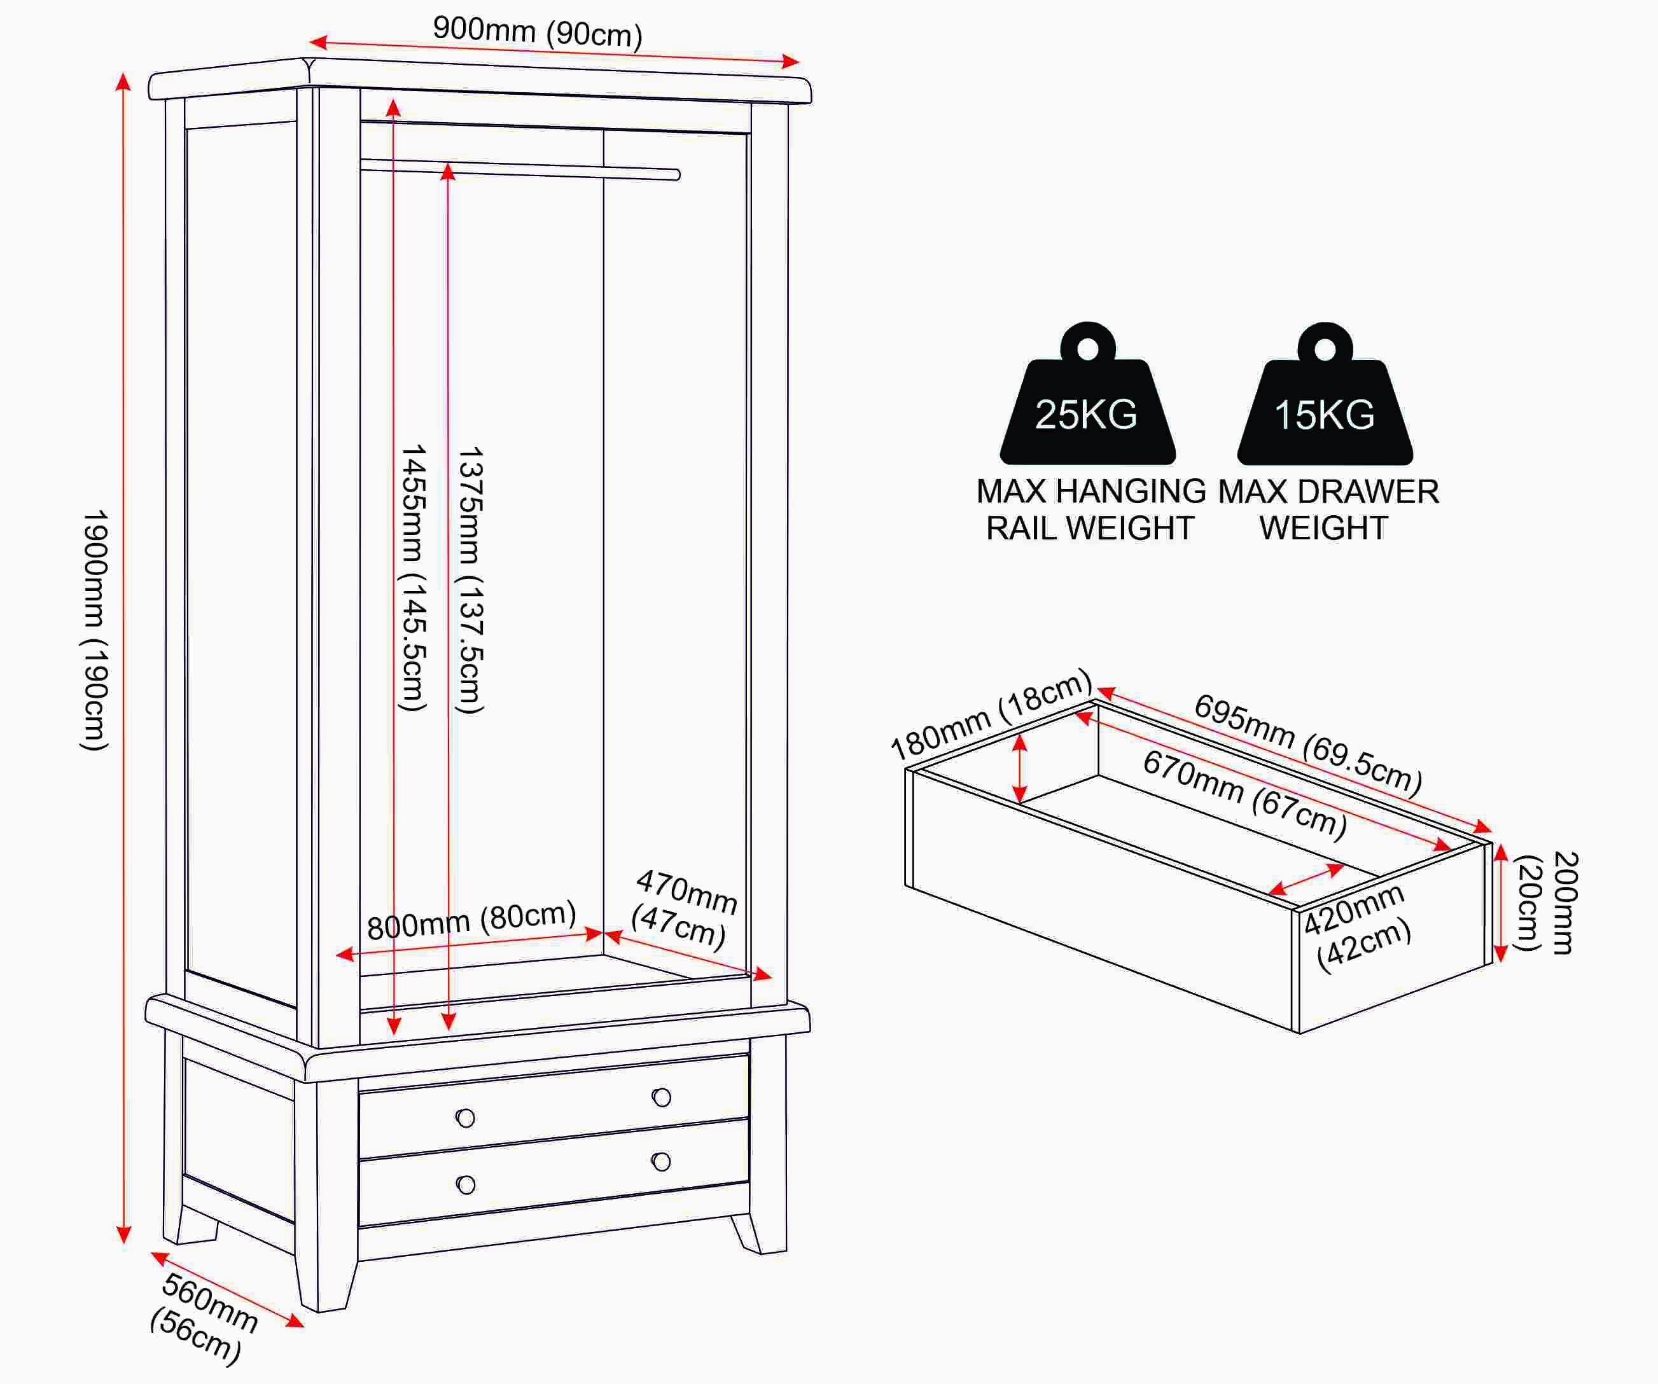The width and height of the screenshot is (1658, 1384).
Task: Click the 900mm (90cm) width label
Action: pyautogui.click(x=538, y=32)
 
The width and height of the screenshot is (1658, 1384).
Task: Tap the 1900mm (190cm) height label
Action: pyautogui.click(x=95, y=629)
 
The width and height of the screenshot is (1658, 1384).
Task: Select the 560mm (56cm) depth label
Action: pyautogui.click(x=203, y=1317)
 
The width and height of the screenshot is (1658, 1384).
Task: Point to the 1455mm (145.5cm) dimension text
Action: pyautogui.click(x=414, y=577)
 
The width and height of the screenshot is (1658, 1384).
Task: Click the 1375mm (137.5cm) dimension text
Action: pyautogui.click(x=471, y=579)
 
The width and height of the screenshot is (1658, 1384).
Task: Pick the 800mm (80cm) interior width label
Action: pyautogui.click(x=471, y=920)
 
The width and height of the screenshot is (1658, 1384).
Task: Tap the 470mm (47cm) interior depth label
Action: pyautogui.click(x=684, y=908)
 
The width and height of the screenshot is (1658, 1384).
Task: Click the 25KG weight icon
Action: pyautogui.click(x=1087, y=393)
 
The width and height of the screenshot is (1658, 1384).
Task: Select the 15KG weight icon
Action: pyautogui.click(x=1325, y=393)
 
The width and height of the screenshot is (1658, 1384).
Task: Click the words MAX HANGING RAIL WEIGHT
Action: pyautogui.click(x=1090, y=509)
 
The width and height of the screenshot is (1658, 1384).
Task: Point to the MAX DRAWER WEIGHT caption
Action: pyautogui.click(x=1328, y=509)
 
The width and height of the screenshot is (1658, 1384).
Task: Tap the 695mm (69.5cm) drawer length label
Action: pyautogui.click(x=1308, y=743)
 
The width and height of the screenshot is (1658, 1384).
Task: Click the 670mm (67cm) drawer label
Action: pyautogui.click(x=1245, y=794)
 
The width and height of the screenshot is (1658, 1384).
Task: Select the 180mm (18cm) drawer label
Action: pyautogui.click(x=991, y=714)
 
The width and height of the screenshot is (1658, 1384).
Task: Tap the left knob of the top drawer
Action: pyautogui.click(x=466, y=1118)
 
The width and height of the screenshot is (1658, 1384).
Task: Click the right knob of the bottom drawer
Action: pyautogui.click(x=662, y=1161)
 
